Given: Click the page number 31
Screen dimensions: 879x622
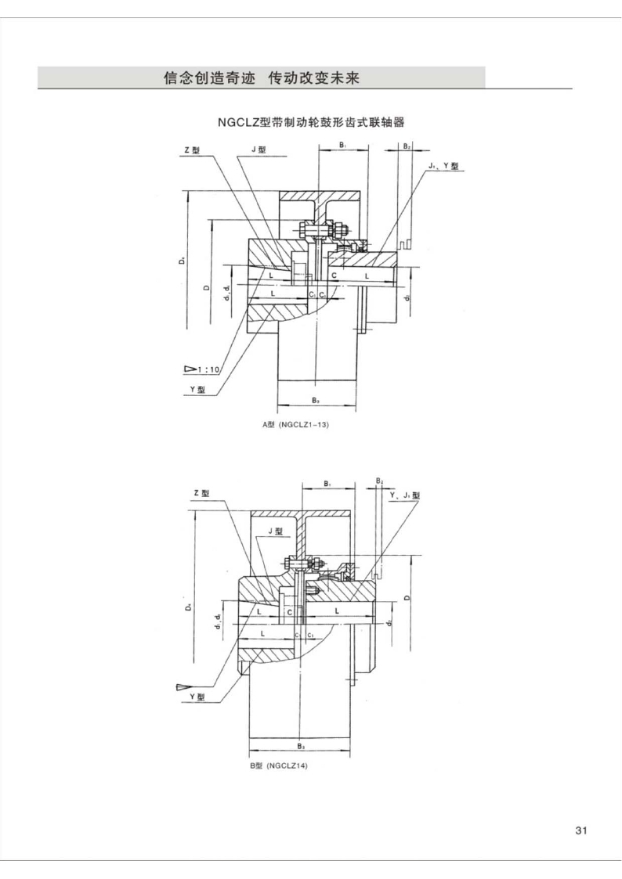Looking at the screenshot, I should click(x=580, y=830).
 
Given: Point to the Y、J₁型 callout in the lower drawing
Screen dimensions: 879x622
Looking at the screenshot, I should click(x=405, y=495).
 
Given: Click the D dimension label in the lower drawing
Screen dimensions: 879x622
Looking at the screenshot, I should click(x=407, y=596).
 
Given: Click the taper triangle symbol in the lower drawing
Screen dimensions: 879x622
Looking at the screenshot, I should click(x=183, y=687).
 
